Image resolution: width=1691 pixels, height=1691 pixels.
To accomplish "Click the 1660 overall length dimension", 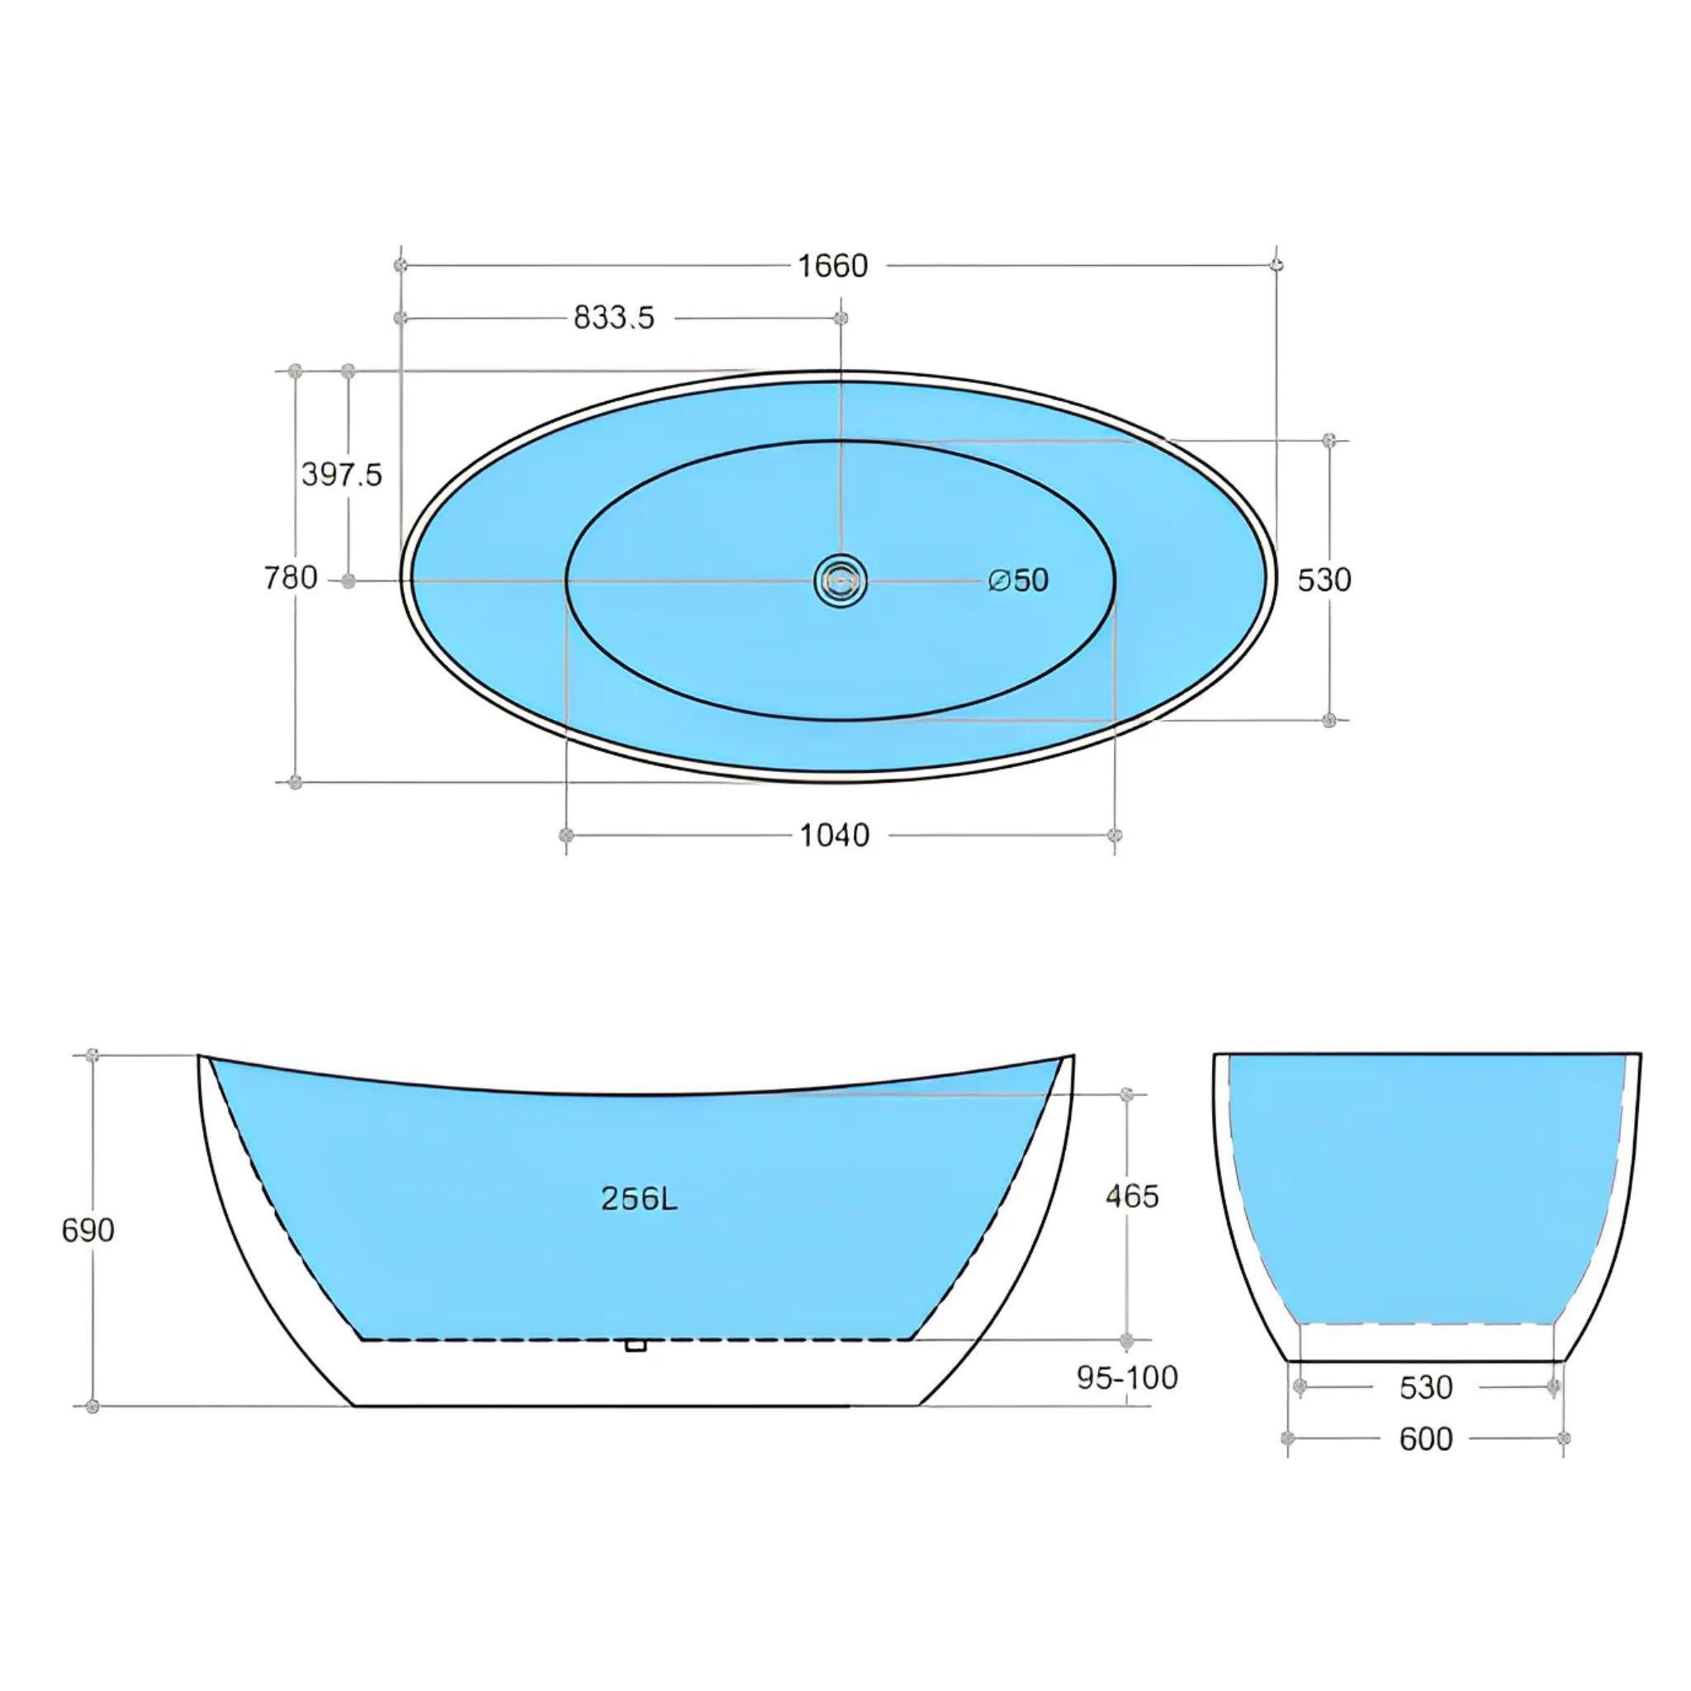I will (832, 265).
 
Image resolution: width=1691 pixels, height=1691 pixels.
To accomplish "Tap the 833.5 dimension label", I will (613, 318).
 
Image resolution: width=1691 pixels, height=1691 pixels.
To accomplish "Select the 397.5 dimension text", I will (341, 475).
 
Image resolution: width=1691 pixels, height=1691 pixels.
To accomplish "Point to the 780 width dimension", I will (291, 579).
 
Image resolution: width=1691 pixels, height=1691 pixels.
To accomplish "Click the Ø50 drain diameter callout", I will (1018, 580).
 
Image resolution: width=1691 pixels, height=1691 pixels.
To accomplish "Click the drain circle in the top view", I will (841, 580).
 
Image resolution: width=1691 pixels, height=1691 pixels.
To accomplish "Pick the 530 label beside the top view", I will (1324, 580).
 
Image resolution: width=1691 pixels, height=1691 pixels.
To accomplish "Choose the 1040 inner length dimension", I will (834, 836).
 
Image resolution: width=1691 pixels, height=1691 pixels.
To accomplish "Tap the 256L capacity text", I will (639, 1199).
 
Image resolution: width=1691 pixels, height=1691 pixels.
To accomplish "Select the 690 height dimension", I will (88, 1230).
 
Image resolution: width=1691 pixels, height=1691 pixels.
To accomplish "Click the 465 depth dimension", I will (1132, 1196).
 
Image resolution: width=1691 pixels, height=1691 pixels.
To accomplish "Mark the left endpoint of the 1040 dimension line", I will (566, 834).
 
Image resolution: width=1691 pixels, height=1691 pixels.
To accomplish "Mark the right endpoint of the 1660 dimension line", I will (1277, 263).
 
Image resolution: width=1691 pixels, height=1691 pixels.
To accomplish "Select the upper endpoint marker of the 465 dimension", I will (1127, 1095).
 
